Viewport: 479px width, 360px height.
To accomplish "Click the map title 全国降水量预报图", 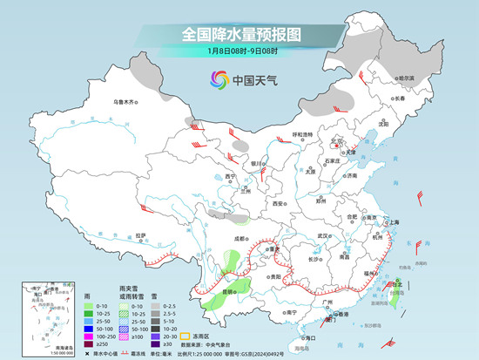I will (239, 34).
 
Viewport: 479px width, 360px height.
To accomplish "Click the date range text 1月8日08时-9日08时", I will (239, 52).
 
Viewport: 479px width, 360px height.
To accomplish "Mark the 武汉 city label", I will (325, 235).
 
